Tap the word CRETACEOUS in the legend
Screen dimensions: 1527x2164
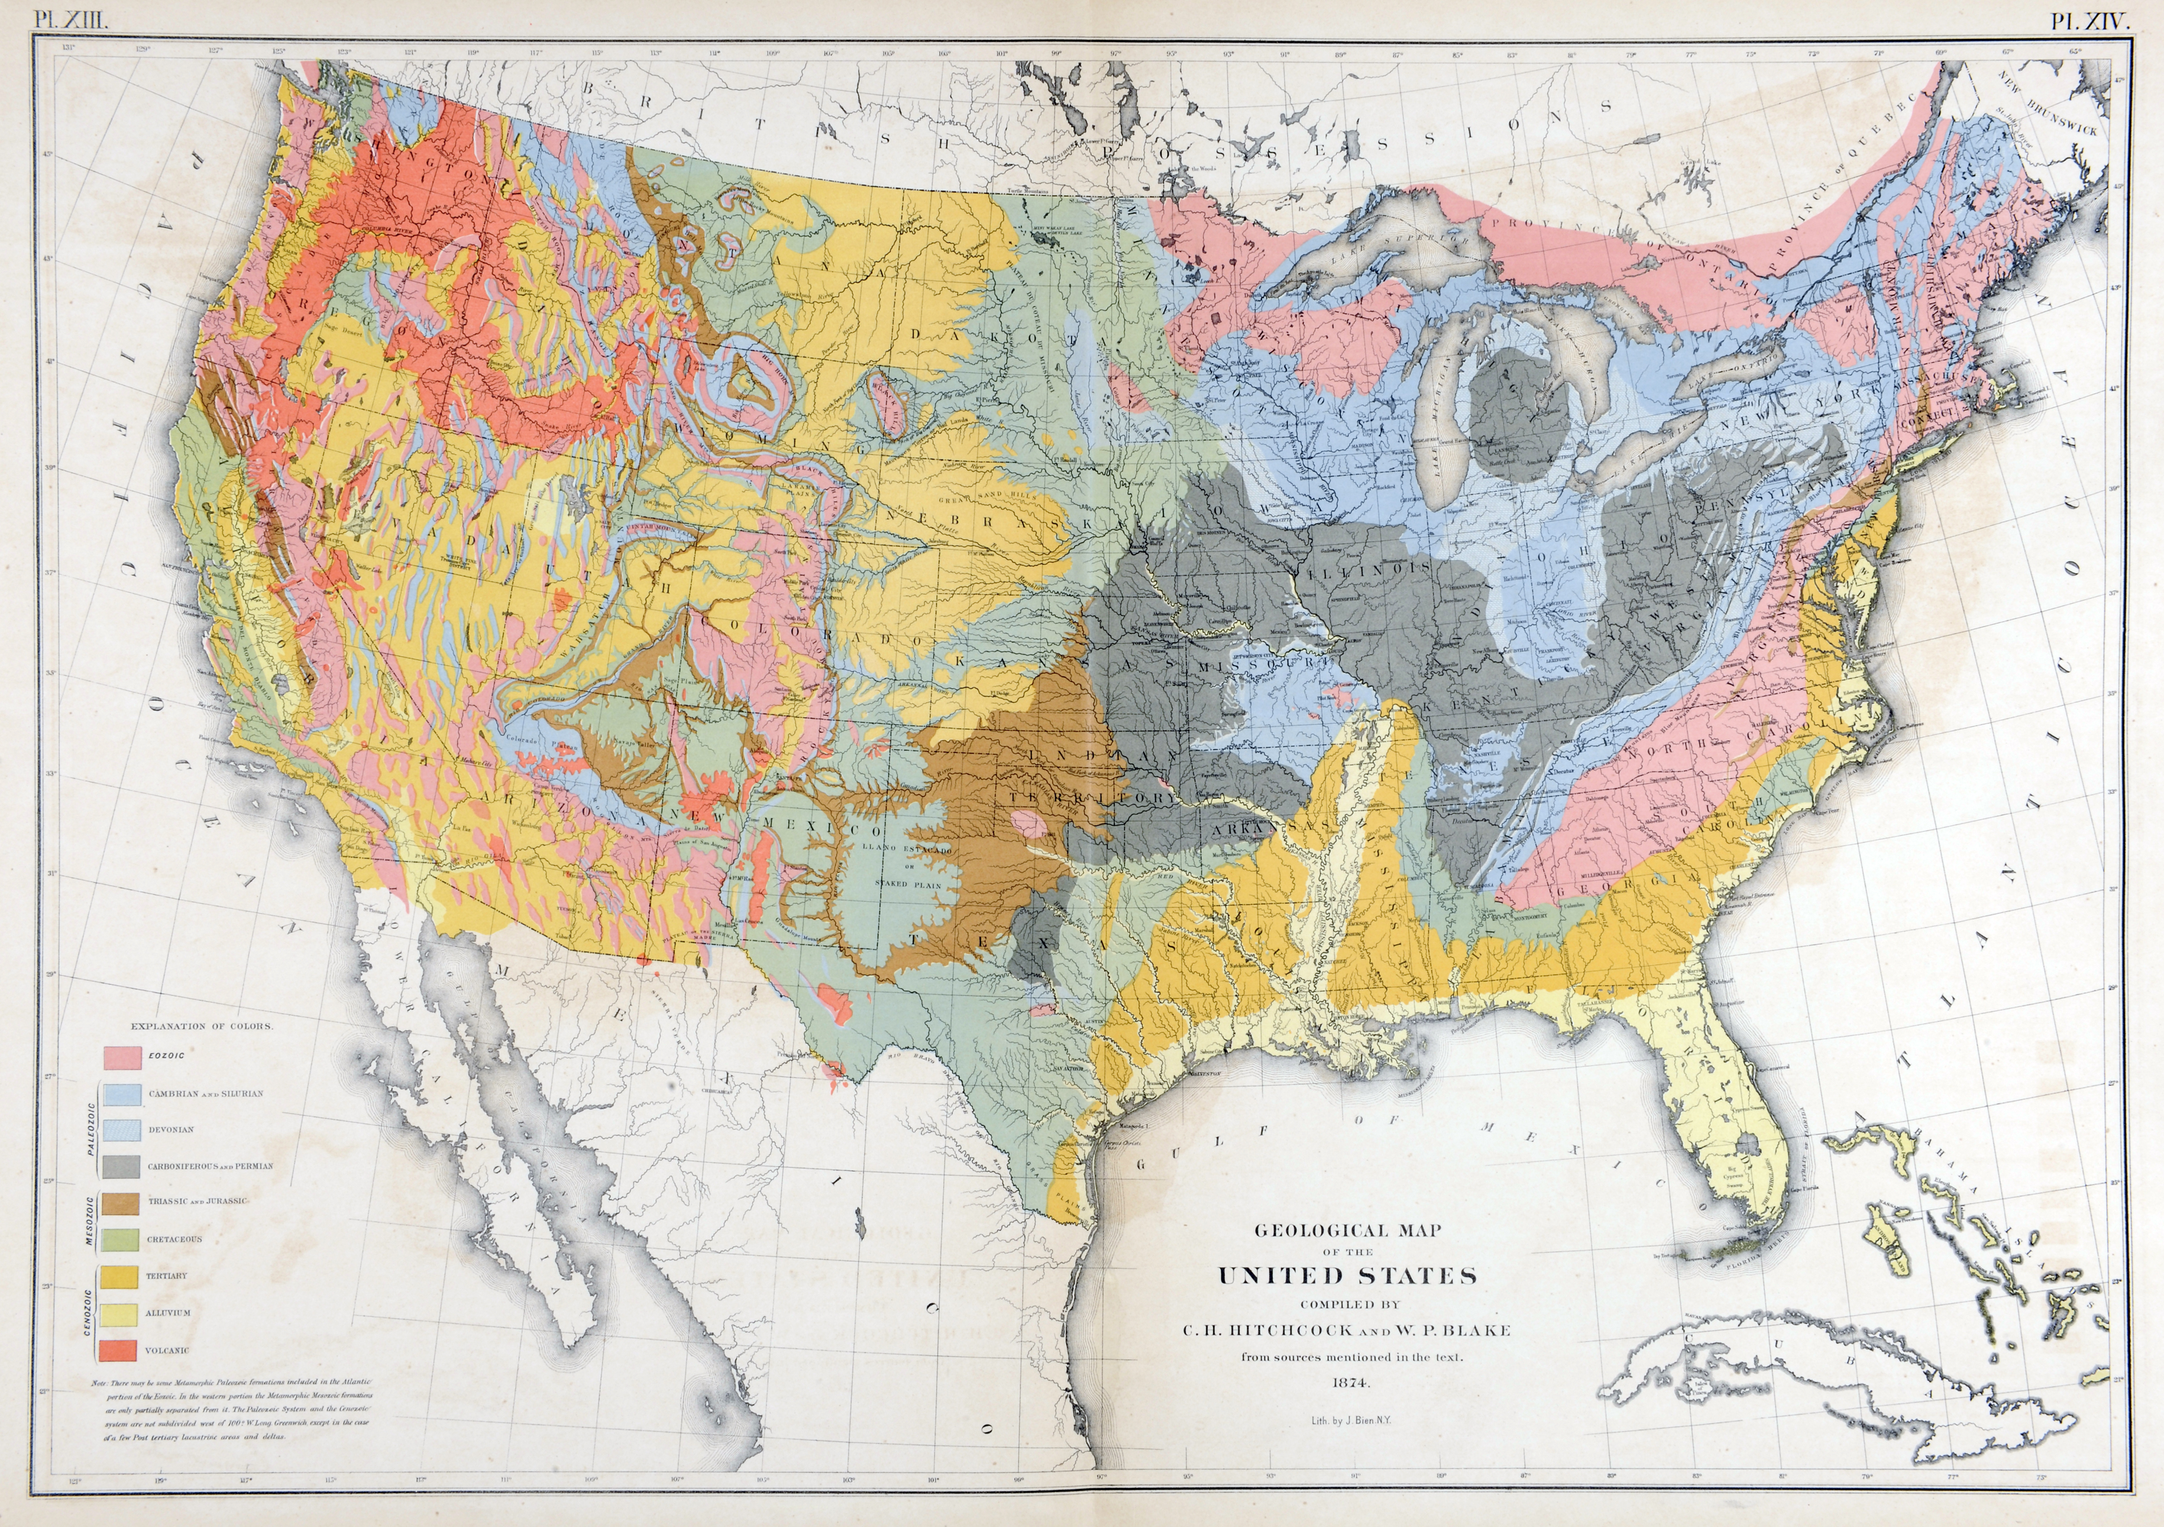(174, 1239)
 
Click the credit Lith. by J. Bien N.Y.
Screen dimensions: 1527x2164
(1350, 1419)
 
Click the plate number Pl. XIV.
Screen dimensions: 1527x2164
(2091, 21)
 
